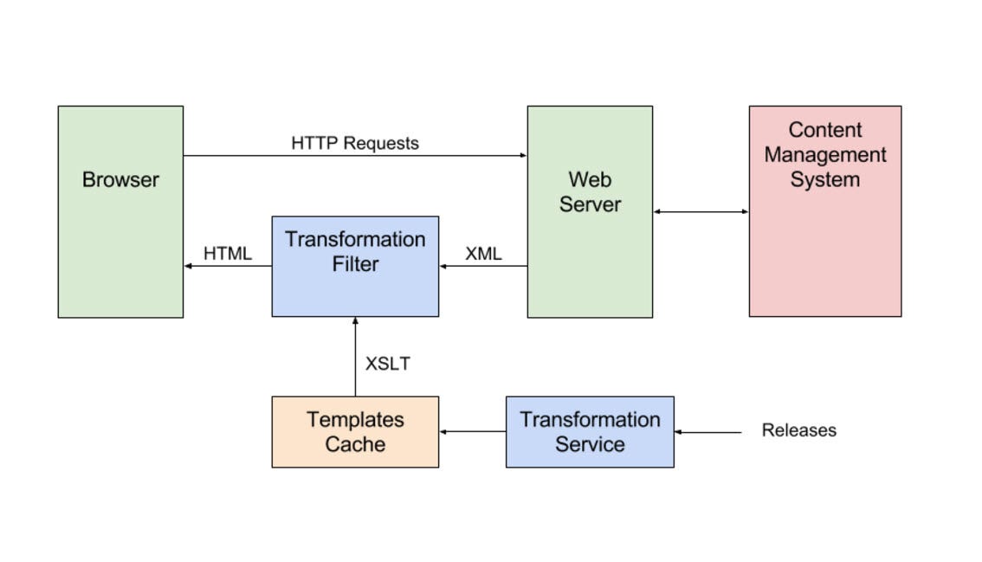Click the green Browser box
click(120, 212)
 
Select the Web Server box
click(590, 212)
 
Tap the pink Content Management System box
click(824, 211)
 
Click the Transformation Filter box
click(355, 267)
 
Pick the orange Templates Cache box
click(355, 432)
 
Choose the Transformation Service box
click(590, 432)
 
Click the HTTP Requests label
click(355, 143)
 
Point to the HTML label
click(228, 254)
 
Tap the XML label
click(483, 254)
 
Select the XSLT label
click(387, 364)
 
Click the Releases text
click(798, 430)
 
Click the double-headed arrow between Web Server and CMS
click(701, 211)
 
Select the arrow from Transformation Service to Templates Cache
click(472, 431)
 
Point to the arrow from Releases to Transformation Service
click(707, 431)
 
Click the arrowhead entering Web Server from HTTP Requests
click(523, 156)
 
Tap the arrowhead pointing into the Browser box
click(188, 266)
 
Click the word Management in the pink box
click(824, 155)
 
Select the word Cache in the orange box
click(355, 444)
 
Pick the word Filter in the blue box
click(355, 263)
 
